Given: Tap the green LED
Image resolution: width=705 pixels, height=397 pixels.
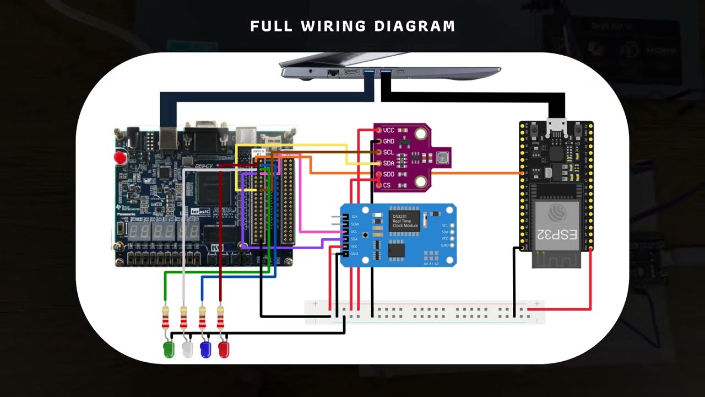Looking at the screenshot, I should click(x=169, y=350).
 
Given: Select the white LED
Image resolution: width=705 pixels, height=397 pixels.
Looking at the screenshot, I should click(x=187, y=350).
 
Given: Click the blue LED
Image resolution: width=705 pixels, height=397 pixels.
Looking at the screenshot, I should click(x=205, y=350).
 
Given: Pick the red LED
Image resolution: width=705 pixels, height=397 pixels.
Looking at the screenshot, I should click(x=224, y=350).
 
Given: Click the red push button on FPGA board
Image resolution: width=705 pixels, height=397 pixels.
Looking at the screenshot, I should click(x=120, y=158).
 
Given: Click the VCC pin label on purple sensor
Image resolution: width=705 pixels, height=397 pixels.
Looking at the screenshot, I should click(x=389, y=130).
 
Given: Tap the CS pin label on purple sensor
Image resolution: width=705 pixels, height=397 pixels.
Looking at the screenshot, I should click(x=387, y=185).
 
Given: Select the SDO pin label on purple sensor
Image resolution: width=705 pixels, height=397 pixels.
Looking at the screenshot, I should click(x=389, y=174).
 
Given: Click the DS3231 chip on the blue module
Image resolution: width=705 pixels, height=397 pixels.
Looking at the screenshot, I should click(x=404, y=221).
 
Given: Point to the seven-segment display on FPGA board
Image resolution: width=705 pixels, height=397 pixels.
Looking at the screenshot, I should click(x=159, y=232).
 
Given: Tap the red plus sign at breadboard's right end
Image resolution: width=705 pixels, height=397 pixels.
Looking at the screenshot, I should click(x=536, y=304).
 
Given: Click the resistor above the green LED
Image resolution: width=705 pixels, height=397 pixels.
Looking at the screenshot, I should click(x=166, y=318).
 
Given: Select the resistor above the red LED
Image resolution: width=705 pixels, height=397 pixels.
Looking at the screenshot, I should click(x=221, y=318).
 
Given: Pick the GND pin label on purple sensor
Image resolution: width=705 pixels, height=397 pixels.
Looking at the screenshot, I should click(x=389, y=141).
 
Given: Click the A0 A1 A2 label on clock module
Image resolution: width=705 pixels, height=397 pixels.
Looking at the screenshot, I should click(x=431, y=264).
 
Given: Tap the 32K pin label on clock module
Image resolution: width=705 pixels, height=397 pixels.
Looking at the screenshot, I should click(x=354, y=217).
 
